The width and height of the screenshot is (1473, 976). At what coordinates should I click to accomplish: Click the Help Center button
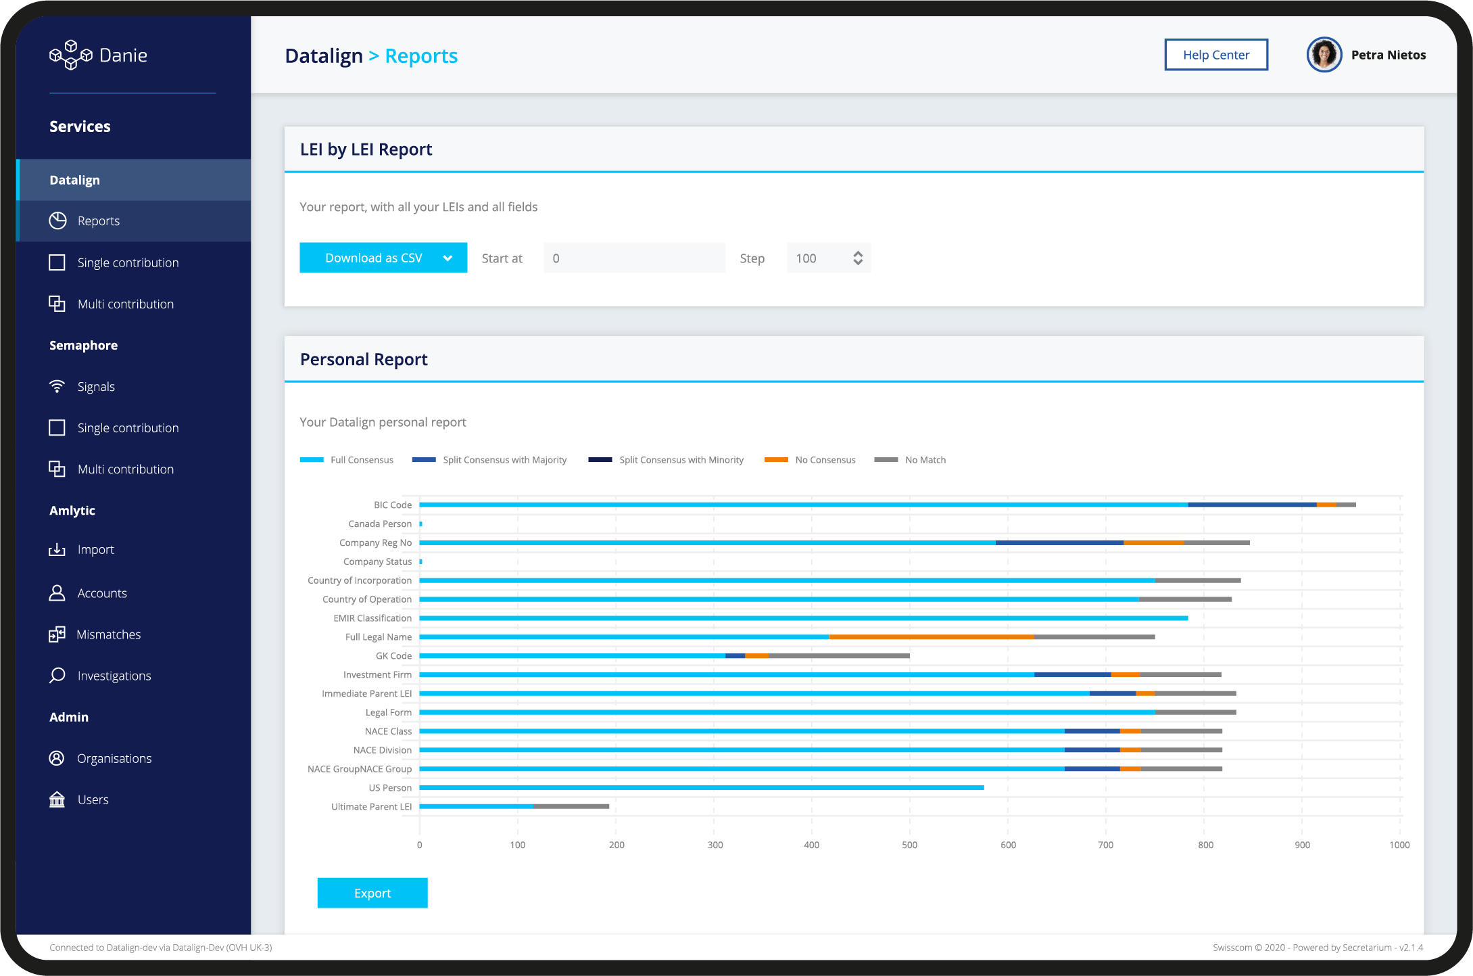click(x=1215, y=55)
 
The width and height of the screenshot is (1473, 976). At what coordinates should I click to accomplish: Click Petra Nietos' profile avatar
click(x=1324, y=55)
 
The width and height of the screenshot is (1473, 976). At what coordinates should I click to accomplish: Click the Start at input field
click(x=633, y=258)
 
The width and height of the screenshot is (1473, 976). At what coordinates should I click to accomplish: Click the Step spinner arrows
click(x=857, y=258)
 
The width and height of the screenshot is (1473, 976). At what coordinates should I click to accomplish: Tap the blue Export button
click(x=372, y=893)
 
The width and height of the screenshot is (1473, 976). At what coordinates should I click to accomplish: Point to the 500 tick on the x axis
click(x=909, y=845)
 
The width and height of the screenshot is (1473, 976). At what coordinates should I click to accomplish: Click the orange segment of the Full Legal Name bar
click(x=931, y=636)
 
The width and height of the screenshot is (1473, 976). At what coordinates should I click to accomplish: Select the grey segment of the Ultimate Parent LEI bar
click(x=571, y=806)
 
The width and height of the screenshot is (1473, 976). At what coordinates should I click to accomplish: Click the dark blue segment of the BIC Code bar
click(x=1252, y=505)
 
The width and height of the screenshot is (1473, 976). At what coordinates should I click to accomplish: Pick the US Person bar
click(x=701, y=787)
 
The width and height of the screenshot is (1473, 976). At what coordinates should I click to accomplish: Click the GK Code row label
click(x=393, y=655)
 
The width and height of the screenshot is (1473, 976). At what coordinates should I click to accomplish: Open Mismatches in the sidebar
click(x=108, y=634)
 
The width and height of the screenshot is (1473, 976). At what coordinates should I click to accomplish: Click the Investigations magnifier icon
click(x=57, y=675)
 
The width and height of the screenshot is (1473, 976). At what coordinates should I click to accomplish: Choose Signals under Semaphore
click(x=96, y=387)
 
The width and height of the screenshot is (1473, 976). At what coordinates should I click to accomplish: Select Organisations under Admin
click(x=114, y=758)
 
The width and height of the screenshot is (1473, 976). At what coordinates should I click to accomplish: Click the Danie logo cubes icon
click(x=70, y=55)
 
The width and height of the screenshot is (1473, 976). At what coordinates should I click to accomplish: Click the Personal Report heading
click(x=364, y=359)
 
